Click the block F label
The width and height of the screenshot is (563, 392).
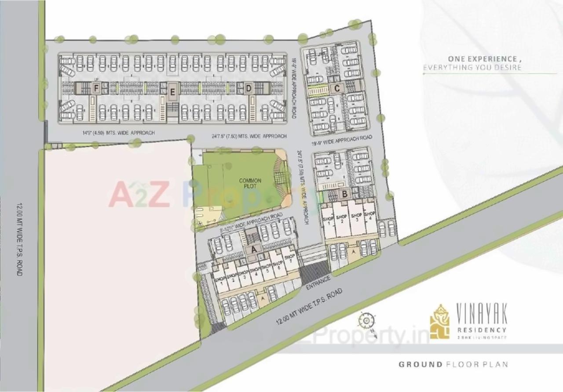(x=95, y=88)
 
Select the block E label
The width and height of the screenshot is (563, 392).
(x=172, y=92)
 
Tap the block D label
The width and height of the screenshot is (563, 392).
(x=249, y=88)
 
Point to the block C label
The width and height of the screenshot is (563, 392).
(x=337, y=88)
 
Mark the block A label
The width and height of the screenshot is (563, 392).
(x=253, y=249)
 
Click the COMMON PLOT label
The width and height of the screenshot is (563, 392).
(x=250, y=183)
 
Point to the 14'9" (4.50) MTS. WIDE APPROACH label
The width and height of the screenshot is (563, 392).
(x=119, y=133)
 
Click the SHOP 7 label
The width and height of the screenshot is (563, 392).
(x=289, y=259)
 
